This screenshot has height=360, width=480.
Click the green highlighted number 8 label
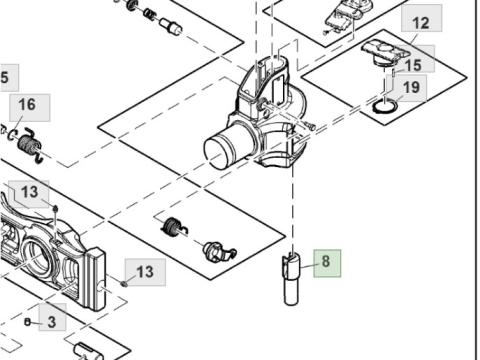point(327,263)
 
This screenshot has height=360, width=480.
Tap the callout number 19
point(411,88)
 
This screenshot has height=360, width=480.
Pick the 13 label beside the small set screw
point(145,272)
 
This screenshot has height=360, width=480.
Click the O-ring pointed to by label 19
point(385,107)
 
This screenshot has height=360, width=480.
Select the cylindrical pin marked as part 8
point(291,279)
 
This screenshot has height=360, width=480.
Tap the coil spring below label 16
point(30,146)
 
